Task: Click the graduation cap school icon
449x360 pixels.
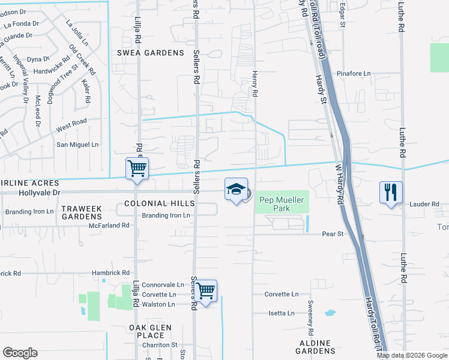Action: point(236,189)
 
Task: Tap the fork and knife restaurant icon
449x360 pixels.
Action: point(390,193)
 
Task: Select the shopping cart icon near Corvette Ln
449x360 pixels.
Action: point(206,291)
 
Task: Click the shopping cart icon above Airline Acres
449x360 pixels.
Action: point(137,168)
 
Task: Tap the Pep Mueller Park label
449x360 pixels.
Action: point(282,204)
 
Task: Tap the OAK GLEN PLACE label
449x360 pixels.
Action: point(150,331)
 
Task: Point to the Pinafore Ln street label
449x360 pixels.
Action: point(354,74)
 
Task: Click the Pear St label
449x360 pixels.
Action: point(332,233)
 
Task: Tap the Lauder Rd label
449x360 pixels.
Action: point(425,204)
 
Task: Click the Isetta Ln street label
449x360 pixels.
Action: point(282,313)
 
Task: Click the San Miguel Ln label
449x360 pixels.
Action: point(77,145)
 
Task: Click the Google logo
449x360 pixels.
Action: point(20,353)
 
